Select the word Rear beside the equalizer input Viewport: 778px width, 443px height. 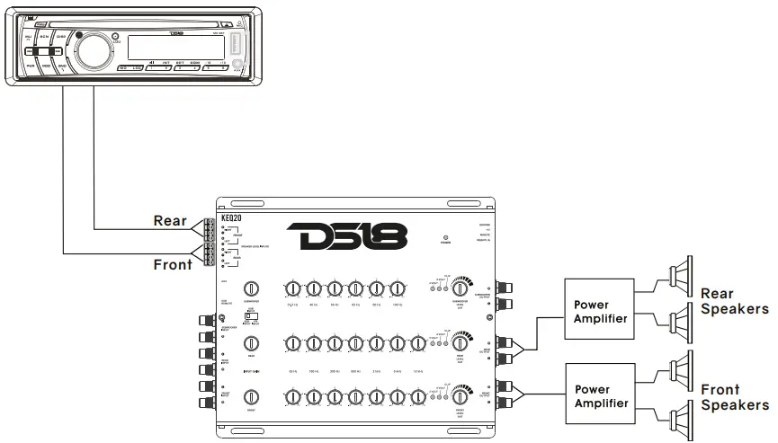(x=171, y=220)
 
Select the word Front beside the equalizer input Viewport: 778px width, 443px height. (x=173, y=264)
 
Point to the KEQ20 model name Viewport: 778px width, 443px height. (x=232, y=217)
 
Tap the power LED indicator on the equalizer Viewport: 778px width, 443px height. (x=445, y=237)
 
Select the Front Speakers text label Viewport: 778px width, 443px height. (x=734, y=397)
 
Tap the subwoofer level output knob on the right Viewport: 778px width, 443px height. (x=460, y=288)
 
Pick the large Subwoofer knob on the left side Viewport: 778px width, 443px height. (x=252, y=289)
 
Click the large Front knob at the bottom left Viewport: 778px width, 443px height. (x=252, y=396)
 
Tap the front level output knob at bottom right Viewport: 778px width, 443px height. (x=460, y=396)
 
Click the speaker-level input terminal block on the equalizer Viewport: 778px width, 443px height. (x=208, y=241)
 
